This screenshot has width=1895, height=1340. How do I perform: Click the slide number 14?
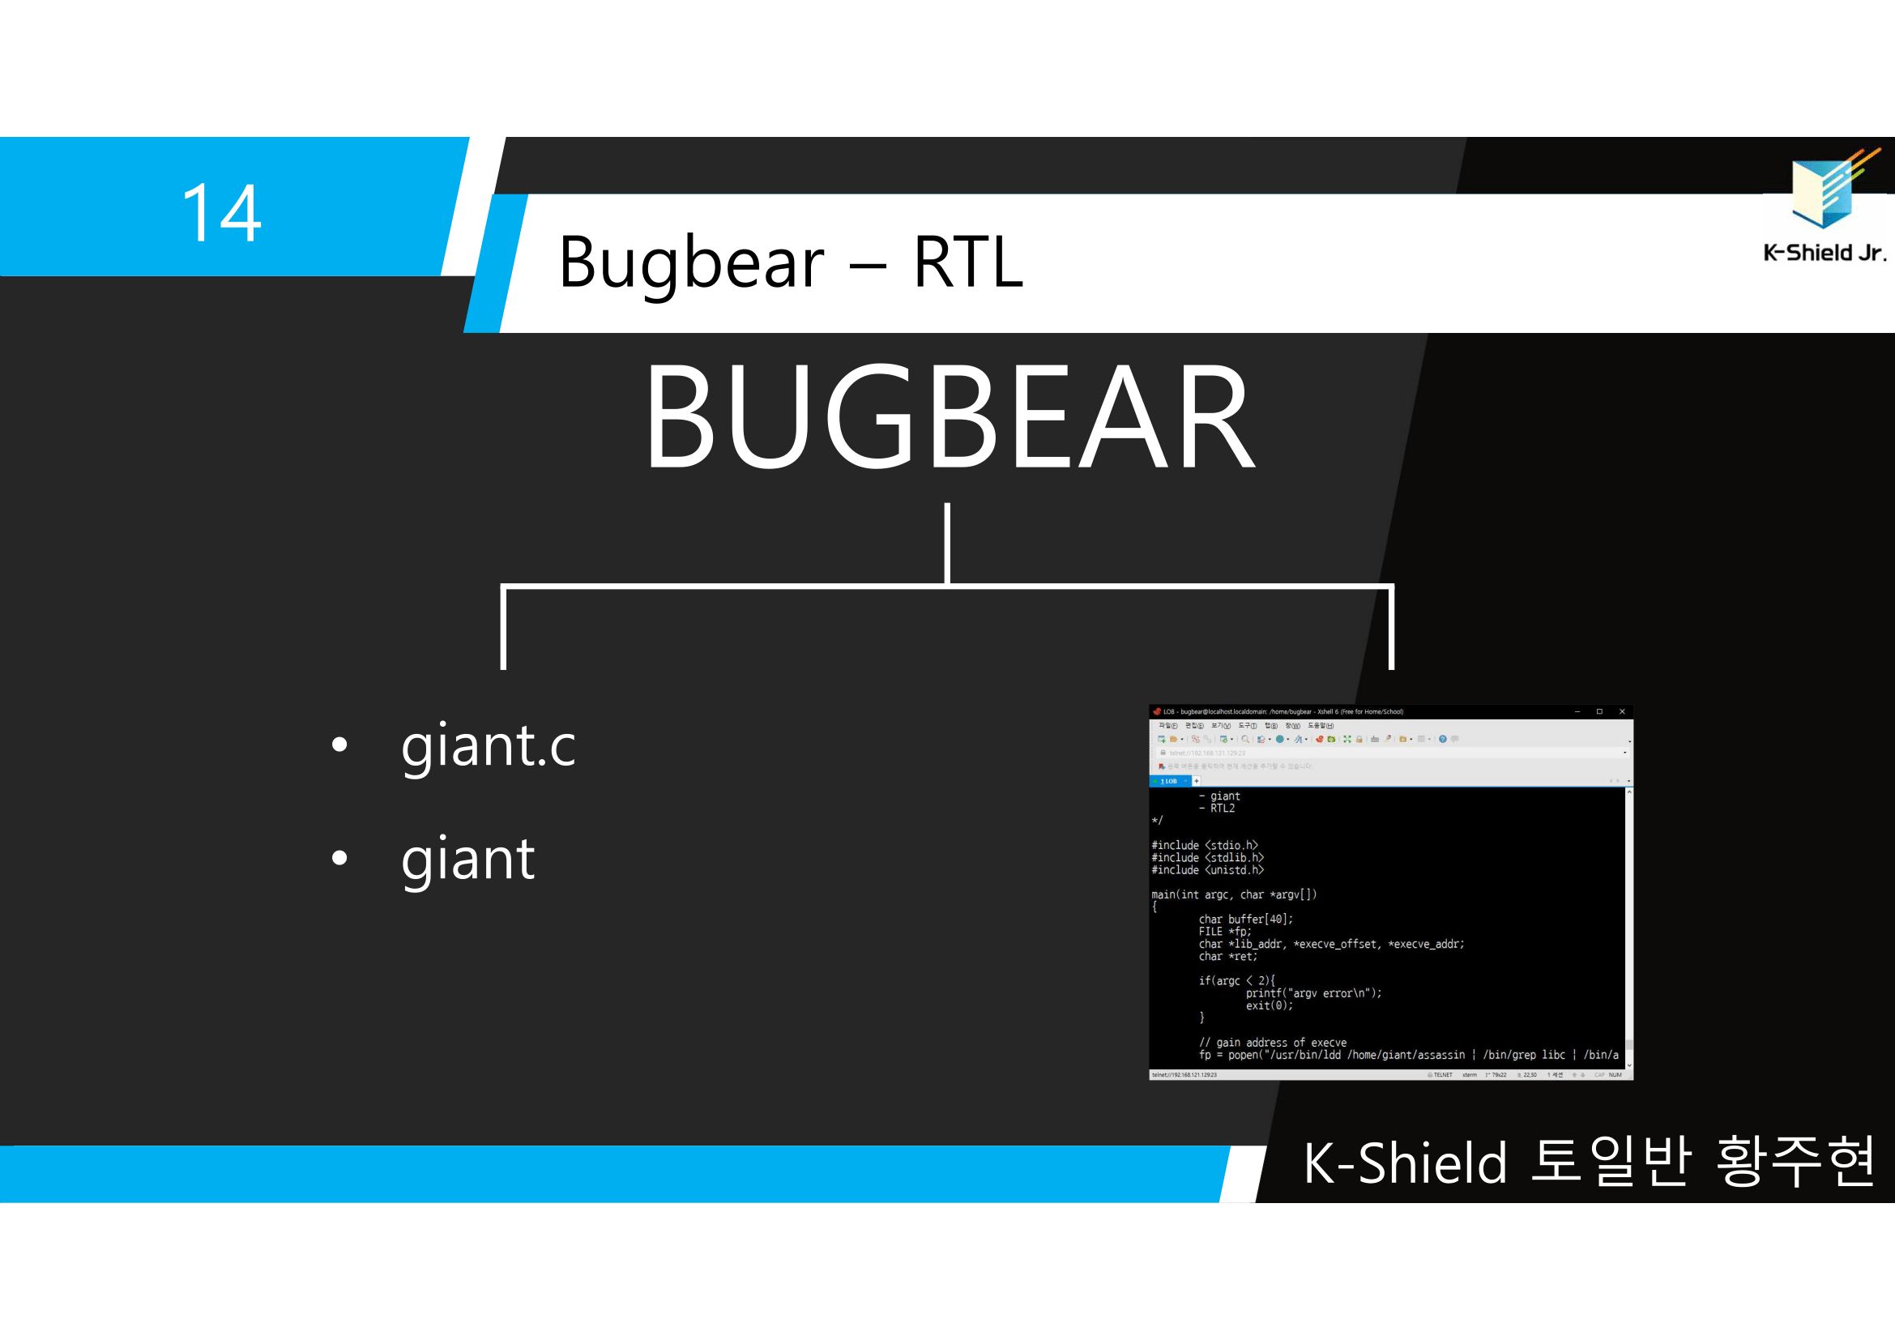(x=221, y=213)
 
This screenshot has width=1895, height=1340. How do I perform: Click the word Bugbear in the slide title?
(x=691, y=262)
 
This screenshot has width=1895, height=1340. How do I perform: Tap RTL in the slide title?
(x=967, y=262)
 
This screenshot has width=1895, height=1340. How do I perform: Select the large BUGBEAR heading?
(x=950, y=416)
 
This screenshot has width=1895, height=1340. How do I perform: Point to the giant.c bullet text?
(x=488, y=745)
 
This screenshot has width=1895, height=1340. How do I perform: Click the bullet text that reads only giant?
(x=467, y=859)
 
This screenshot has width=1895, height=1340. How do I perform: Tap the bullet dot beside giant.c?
(x=339, y=745)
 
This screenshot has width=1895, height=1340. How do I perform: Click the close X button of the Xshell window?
(x=1622, y=711)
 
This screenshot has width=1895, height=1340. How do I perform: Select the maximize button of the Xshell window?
(x=1599, y=711)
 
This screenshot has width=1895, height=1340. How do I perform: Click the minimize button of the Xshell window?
(x=1577, y=711)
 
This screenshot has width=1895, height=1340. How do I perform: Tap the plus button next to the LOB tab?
(x=1196, y=780)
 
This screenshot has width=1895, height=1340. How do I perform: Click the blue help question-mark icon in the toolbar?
(x=1443, y=740)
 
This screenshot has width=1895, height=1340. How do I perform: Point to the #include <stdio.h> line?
(x=1204, y=845)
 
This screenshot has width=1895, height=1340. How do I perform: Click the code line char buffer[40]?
(x=1245, y=920)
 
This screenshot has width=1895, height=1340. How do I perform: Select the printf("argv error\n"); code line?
(x=1313, y=993)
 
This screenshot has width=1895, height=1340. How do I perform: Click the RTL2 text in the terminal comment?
(x=1222, y=809)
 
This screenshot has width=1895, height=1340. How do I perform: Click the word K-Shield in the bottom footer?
(x=1405, y=1163)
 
